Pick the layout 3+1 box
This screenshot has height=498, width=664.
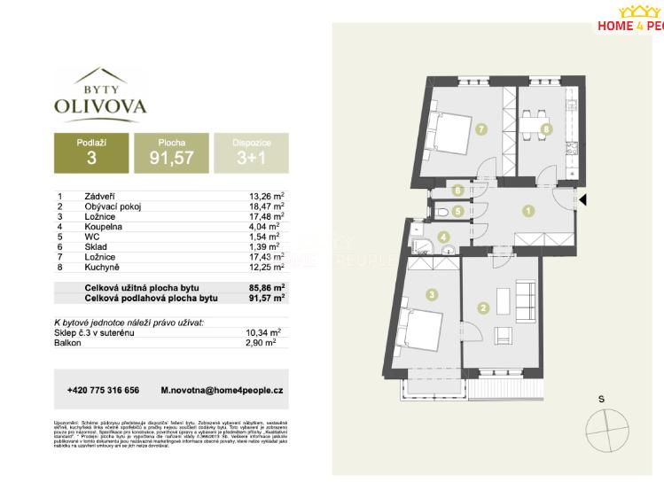pyautogui.click(x=251, y=152)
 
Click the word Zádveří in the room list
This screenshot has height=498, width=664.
pyautogui.click(x=101, y=197)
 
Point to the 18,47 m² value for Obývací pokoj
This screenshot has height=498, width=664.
pyautogui.click(x=267, y=206)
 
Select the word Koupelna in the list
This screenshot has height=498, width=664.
pyautogui.click(x=104, y=226)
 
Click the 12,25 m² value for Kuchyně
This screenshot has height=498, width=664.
pyautogui.click(x=267, y=266)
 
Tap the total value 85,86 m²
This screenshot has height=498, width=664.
pyautogui.click(x=267, y=288)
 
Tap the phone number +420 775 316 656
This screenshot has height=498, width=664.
pyautogui.click(x=103, y=390)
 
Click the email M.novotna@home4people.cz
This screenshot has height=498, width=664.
pyautogui.click(x=222, y=390)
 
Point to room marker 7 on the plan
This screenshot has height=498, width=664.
pyautogui.click(x=480, y=130)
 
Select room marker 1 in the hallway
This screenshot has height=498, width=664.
pyautogui.click(x=527, y=211)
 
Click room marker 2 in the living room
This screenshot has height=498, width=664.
pyautogui.click(x=482, y=308)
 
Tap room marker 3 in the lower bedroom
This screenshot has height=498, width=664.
pyautogui.click(x=431, y=294)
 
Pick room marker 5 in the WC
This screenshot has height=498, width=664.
pyautogui.click(x=456, y=212)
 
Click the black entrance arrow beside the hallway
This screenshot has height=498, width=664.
pyautogui.click(x=582, y=200)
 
